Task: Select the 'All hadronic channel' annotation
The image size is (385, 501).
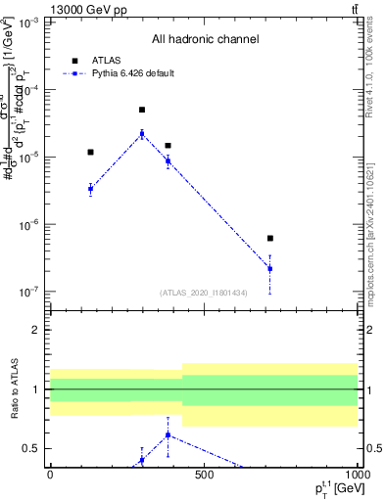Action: click(x=205, y=40)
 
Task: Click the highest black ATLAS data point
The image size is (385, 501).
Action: click(x=142, y=110)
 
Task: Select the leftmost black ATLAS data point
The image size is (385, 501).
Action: click(x=90, y=152)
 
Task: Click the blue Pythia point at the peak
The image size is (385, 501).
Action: click(x=142, y=134)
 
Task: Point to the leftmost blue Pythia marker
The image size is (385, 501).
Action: click(x=90, y=189)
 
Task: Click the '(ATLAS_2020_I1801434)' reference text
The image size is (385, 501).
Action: click(x=204, y=293)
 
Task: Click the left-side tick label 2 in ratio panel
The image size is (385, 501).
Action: click(x=36, y=330)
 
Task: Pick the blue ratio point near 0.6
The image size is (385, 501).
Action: click(x=168, y=434)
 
